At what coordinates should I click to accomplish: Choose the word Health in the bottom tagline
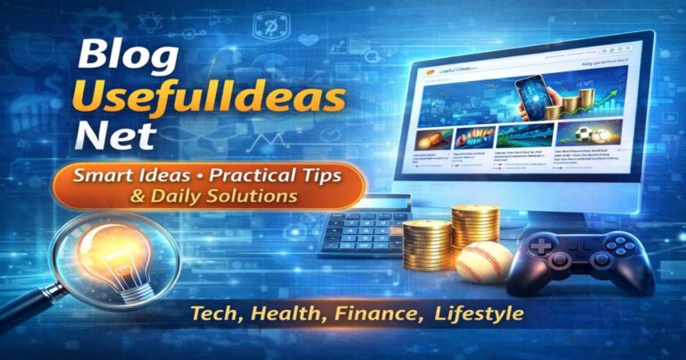[285, 315]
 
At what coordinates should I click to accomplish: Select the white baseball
[483, 262]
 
